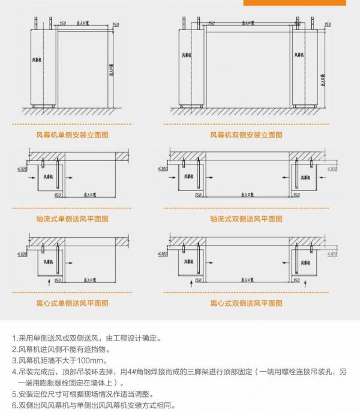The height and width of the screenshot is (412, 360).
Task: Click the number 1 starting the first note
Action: [x=14, y=338]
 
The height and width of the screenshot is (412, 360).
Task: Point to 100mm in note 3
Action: [x=92, y=360]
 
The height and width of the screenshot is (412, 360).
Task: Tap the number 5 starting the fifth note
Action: [x=14, y=395]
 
